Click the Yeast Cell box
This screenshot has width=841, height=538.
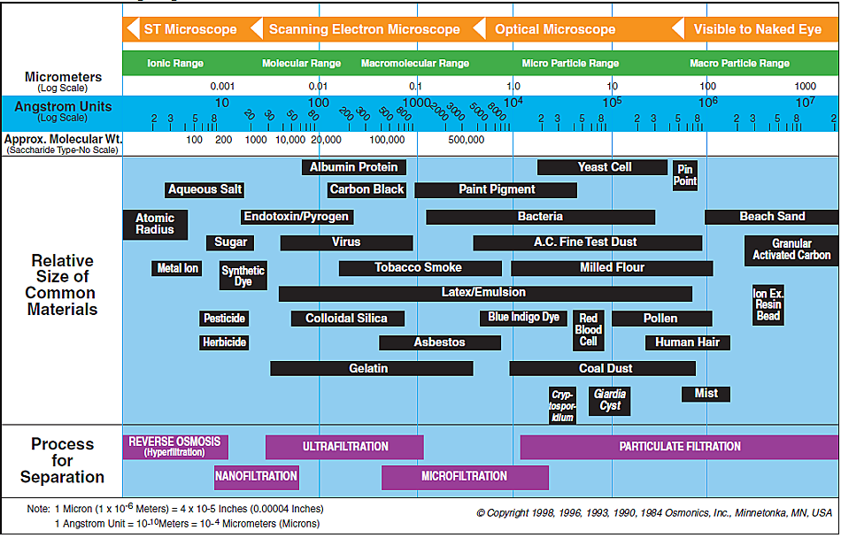pos(602,167)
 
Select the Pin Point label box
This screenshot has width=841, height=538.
pos(685,175)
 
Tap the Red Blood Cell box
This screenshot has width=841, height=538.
pos(589,330)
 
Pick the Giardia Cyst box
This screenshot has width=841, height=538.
pos(610,401)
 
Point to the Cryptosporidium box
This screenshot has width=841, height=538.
pos(562,405)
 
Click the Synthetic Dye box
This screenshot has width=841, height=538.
pos(243,275)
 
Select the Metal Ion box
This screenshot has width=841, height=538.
pos(177,268)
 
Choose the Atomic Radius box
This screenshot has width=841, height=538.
pos(155,224)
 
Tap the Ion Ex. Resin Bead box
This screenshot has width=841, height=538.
pos(768,305)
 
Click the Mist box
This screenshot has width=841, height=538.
pos(706,394)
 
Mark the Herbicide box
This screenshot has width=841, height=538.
pos(224,342)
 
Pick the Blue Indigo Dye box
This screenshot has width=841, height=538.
pos(523,318)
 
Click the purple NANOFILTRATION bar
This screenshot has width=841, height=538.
pos(257,477)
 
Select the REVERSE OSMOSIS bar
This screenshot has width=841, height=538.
pos(175,447)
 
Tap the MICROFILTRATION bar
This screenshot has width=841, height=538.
pos(465,477)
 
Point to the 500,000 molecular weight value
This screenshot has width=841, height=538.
pos(466,140)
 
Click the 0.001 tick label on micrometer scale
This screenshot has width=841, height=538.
pos(222,86)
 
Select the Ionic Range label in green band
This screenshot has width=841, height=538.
pos(175,63)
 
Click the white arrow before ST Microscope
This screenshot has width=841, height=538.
pos(132,29)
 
